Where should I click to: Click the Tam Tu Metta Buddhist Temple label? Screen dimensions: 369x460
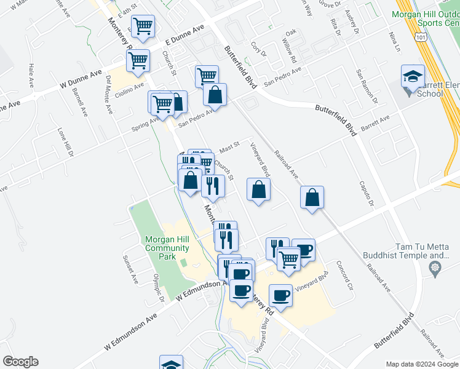point(427,250)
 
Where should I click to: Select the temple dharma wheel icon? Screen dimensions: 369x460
point(436,268)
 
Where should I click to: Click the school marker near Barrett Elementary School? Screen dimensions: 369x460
point(413,77)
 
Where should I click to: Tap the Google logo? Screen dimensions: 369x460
point(20,362)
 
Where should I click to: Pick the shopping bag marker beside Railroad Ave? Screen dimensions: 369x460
point(312,198)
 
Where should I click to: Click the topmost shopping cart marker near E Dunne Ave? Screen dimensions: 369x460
point(143,26)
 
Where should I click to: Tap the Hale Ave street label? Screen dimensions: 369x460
point(30,74)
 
